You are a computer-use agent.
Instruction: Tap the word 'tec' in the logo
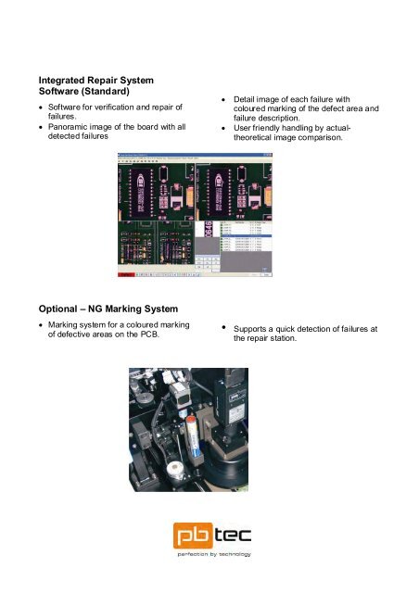click(x=231, y=536)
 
